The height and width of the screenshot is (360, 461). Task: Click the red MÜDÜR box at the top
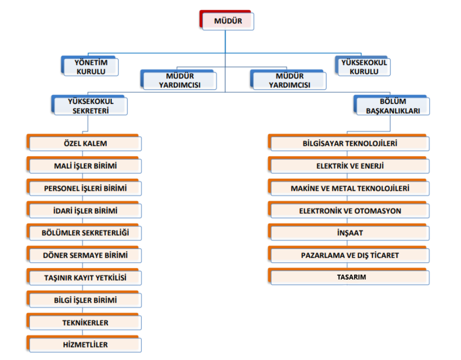pos(227,20)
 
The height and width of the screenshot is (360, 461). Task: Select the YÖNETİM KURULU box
pos(90,66)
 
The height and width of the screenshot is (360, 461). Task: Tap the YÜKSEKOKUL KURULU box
pos(363,66)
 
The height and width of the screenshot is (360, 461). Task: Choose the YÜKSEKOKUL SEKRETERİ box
pos(89,105)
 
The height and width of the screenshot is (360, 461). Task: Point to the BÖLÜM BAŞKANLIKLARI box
pos(392,105)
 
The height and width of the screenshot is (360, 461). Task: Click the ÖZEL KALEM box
pos(84,143)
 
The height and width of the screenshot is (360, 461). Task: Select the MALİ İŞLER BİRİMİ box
pos(84,165)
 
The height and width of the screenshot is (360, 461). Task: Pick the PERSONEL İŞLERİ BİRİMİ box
pos(84,188)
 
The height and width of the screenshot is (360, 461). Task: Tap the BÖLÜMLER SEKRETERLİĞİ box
pos(84,232)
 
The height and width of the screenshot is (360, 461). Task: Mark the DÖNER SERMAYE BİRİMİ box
pos(84,255)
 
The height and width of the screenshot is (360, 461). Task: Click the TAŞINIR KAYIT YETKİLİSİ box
pos(84,277)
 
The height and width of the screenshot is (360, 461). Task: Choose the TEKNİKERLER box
pos(84,322)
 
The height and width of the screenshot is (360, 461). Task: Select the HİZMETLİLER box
pos(84,344)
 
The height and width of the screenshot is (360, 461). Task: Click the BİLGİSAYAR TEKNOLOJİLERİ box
pos(349,143)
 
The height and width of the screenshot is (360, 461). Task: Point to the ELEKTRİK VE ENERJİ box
pos(349,165)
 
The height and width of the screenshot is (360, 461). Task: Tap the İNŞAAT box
pos(349,232)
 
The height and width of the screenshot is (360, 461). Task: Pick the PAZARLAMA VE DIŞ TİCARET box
pos(349,255)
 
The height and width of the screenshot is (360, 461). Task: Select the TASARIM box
pos(349,277)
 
